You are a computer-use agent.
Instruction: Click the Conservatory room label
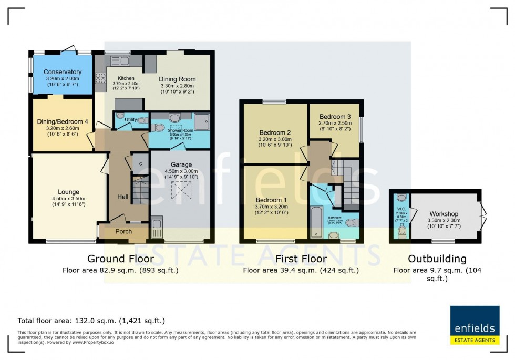pos(63,72)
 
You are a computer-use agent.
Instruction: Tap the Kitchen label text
pos(119,78)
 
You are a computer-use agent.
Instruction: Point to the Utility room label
pos(130,120)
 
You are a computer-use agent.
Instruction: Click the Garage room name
pos(181,164)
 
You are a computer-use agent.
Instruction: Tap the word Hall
pos(122,197)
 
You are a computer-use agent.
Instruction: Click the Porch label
pos(123,232)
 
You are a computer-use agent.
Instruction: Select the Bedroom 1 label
pos(271,200)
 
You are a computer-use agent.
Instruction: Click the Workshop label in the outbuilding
pos(444,214)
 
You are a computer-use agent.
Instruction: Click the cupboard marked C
pos(140,163)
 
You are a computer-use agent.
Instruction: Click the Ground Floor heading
pos(120,259)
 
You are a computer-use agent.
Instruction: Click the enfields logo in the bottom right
pos(475,325)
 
